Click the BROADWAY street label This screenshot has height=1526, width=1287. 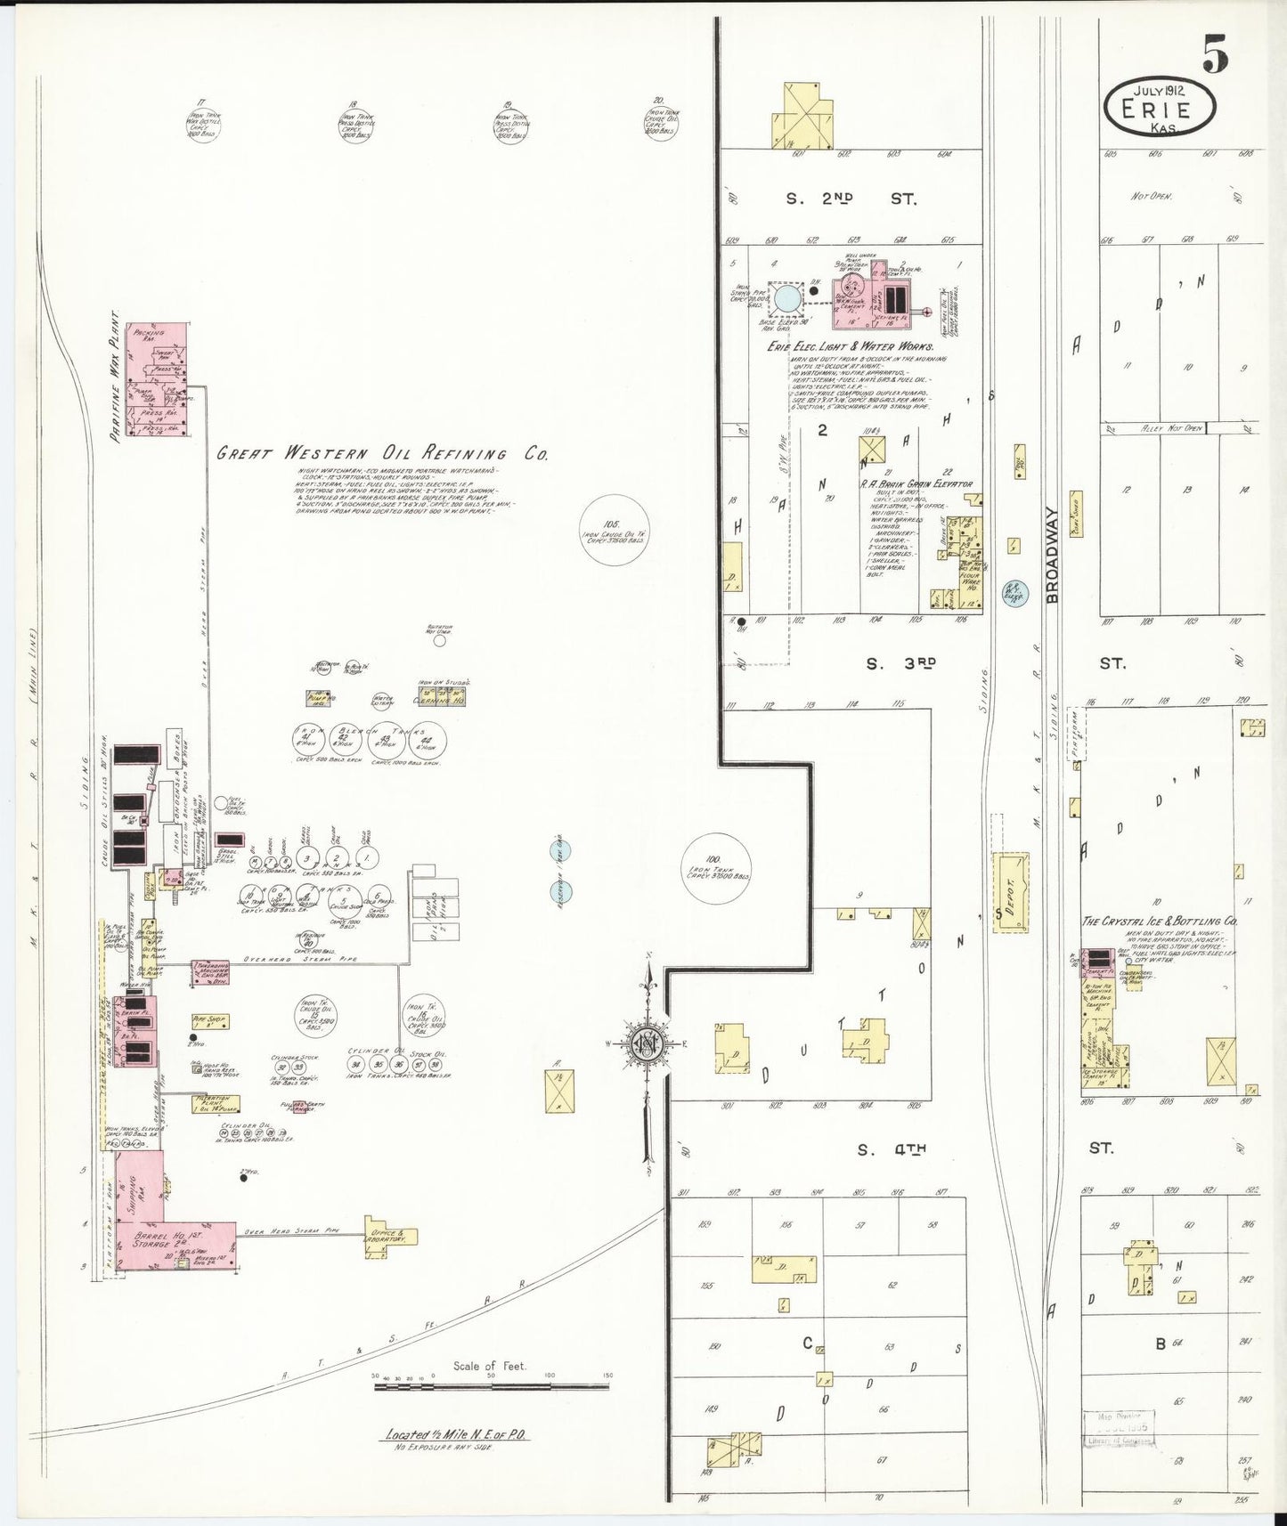point(1051,556)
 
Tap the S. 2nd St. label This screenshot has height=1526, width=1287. point(851,199)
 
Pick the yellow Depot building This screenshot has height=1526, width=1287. point(1010,893)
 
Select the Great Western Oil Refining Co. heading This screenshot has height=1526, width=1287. point(382,453)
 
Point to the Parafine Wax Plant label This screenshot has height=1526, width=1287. point(116,377)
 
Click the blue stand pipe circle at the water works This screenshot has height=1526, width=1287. point(786,298)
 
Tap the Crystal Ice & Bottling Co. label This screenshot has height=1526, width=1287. point(1158,921)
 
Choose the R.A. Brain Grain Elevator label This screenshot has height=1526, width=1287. point(916,484)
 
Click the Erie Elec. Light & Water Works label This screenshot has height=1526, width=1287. point(850,346)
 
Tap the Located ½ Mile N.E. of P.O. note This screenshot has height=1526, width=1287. point(456,1434)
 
